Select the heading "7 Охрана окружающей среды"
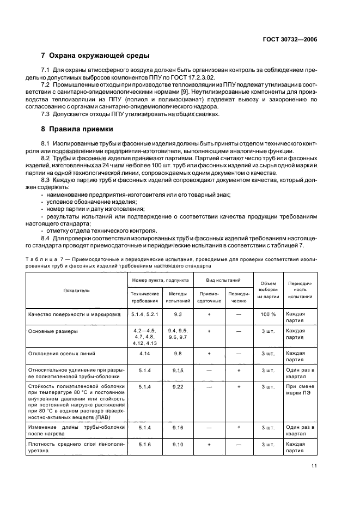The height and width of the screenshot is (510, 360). (x=96, y=56)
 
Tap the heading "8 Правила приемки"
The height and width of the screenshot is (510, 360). (x=77, y=129)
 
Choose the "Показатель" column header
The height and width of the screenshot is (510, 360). (x=76, y=290)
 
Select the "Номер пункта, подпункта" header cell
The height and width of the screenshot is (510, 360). (x=160, y=280)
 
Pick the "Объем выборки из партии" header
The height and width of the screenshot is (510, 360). (x=268, y=290)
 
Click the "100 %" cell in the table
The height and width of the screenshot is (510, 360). (x=268, y=314)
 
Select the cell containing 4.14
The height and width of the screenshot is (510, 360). (x=144, y=354)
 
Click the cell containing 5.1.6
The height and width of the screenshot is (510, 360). (x=144, y=445)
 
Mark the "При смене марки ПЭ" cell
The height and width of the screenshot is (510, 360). (x=300, y=390)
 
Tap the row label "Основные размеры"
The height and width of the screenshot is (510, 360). (x=52, y=331)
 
